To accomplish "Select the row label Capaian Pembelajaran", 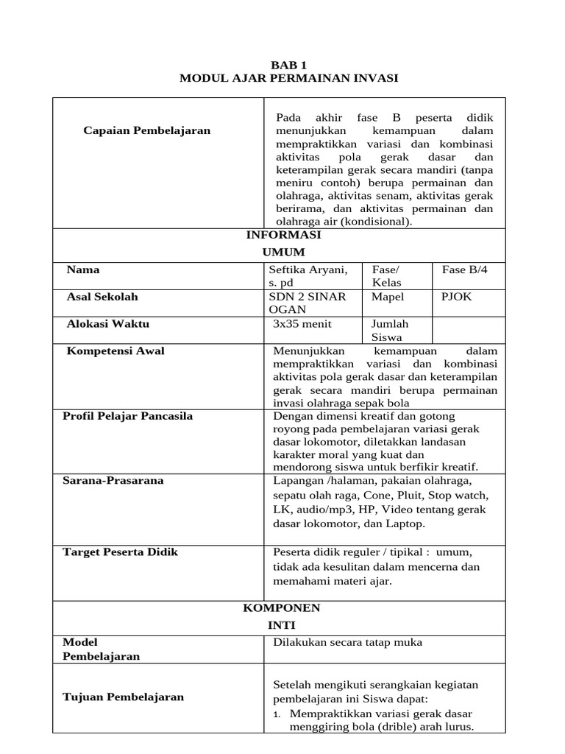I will click(x=146, y=130).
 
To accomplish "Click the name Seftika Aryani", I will click(x=308, y=270).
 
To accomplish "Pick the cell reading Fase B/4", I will click(x=464, y=270).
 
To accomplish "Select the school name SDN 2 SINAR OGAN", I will click(x=307, y=303).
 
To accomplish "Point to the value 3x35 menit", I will click(x=302, y=324).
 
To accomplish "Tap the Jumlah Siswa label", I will click(x=390, y=331).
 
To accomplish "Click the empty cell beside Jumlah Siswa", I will click(x=469, y=330).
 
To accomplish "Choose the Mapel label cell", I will click(x=388, y=297).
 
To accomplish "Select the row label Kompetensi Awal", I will click(x=116, y=351).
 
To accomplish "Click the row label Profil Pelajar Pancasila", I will click(x=128, y=416).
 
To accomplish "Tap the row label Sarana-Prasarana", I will click(x=113, y=481).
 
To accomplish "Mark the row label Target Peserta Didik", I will click(x=121, y=552).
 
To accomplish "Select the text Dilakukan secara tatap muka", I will click(x=347, y=643).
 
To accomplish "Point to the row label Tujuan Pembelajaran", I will click(x=124, y=697).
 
